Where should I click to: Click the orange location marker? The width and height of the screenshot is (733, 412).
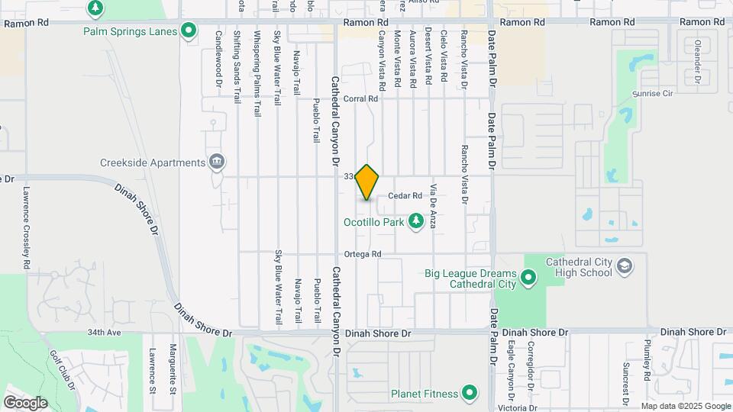point(367,182)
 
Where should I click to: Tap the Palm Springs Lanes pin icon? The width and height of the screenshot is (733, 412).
point(189,31)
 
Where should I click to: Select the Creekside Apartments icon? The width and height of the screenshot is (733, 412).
point(217,162)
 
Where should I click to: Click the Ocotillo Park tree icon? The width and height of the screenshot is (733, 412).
point(416,222)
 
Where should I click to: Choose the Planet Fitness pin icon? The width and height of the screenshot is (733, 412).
point(470,394)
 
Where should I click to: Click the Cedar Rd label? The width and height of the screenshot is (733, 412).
point(405,196)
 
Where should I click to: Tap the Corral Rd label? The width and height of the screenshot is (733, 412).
point(361,99)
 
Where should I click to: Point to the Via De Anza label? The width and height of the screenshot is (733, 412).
point(433,206)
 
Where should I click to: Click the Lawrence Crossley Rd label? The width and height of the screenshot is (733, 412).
point(26,227)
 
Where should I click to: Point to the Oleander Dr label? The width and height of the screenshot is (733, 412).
point(698,61)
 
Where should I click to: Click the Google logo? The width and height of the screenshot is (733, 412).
point(25,402)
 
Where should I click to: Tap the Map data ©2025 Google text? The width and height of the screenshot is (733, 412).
point(685,406)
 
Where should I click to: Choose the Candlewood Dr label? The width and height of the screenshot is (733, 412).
point(218,60)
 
